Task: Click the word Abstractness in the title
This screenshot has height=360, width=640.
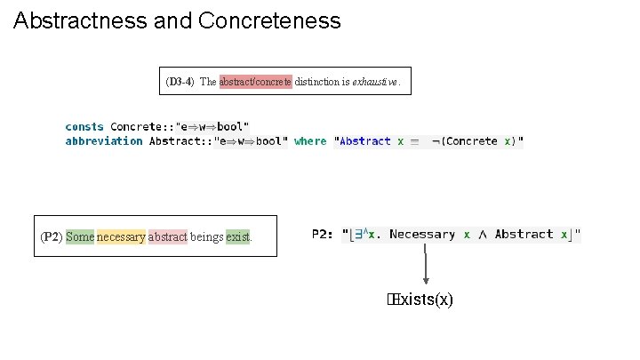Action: (x=80, y=20)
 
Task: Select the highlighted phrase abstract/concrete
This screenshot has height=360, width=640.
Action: (x=255, y=83)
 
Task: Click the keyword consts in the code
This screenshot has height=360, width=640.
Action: (x=84, y=127)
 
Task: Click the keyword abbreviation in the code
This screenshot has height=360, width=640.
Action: (x=104, y=140)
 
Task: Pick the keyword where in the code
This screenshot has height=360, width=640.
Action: (x=310, y=140)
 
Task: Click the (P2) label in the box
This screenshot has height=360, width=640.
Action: (x=52, y=237)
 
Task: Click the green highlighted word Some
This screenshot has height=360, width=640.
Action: (x=79, y=237)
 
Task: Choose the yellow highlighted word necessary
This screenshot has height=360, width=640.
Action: (x=121, y=237)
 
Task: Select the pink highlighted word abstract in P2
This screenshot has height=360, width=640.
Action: (x=167, y=237)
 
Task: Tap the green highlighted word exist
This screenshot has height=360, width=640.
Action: (x=237, y=237)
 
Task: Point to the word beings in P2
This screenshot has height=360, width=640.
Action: (x=206, y=237)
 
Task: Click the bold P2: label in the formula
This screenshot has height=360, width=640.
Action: (x=322, y=235)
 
